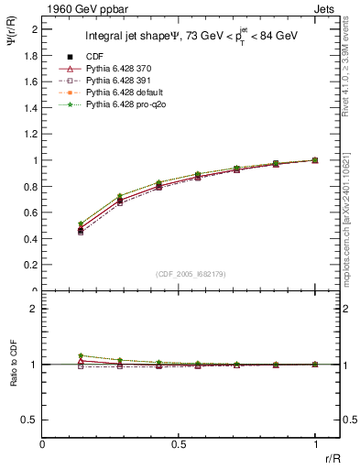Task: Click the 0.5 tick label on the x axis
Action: click(179, 444)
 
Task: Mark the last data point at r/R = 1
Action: click(315, 160)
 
